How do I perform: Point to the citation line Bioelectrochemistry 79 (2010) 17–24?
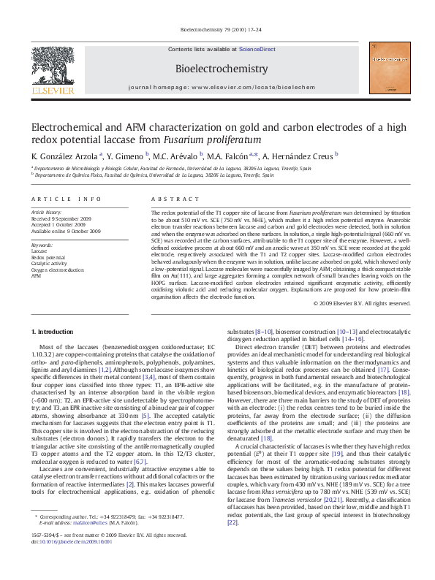pyautogui.click(x=218, y=30)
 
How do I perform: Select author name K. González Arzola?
pyautogui.click(x=64, y=156)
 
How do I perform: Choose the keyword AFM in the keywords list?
pyautogui.click(x=36, y=276)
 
